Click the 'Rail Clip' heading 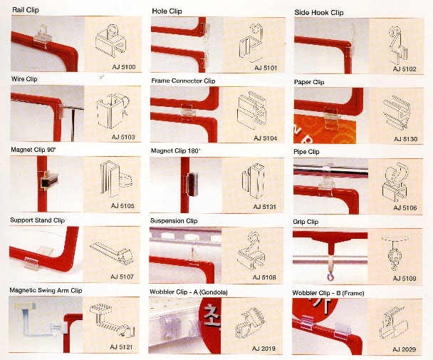[x=26, y=10]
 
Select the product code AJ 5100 [x=124, y=67]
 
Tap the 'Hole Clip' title [x=167, y=11]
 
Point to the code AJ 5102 [x=405, y=69]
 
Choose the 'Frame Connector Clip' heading [x=183, y=81]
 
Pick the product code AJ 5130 [x=405, y=139]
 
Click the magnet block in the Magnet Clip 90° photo [x=49, y=180]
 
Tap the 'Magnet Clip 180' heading [x=175, y=151]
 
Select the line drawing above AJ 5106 [x=395, y=182]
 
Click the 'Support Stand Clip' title [x=37, y=220]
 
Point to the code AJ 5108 [x=264, y=277]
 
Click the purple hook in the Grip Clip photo [x=330, y=276]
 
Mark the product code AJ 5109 [x=405, y=278]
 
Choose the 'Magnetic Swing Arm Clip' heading [x=46, y=290]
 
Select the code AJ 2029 [x=404, y=349]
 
